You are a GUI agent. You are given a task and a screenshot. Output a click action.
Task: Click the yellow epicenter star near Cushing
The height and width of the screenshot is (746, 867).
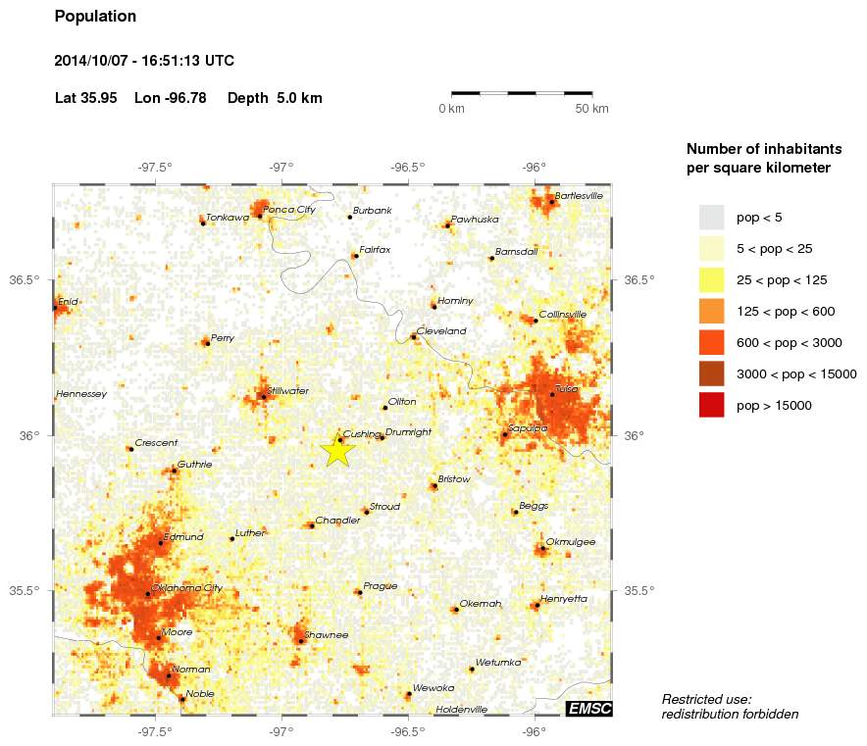click(336, 450)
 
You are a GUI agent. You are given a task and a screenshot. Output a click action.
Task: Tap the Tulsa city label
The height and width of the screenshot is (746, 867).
click(566, 389)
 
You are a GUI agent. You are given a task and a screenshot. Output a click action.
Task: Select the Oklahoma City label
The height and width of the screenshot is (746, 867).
click(187, 588)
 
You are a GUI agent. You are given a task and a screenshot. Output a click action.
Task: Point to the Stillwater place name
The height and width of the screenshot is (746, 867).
click(287, 391)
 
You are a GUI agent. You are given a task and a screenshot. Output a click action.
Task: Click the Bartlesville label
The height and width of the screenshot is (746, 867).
click(579, 196)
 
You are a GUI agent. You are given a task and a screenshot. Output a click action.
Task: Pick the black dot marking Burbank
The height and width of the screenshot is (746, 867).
click(349, 217)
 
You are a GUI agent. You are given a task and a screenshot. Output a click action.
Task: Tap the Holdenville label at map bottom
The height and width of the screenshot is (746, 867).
click(461, 709)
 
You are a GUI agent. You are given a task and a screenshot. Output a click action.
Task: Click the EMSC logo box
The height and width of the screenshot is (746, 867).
click(588, 709)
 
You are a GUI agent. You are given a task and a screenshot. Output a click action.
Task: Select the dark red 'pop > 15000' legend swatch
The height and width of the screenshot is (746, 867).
click(711, 405)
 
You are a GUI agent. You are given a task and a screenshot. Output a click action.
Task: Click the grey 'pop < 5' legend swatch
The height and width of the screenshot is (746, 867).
click(711, 217)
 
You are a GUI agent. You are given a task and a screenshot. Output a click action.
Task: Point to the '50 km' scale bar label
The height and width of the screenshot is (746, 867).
click(591, 108)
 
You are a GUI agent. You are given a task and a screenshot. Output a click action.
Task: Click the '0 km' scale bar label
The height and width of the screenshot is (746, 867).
click(451, 108)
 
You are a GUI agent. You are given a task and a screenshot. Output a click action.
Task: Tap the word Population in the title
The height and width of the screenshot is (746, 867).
click(95, 17)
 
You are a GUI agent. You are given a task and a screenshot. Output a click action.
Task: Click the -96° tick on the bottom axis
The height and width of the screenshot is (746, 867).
click(535, 730)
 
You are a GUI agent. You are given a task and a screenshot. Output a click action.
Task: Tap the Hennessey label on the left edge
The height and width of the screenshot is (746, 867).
click(81, 394)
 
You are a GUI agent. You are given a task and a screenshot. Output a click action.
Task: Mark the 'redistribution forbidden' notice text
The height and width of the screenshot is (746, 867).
click(730, 714)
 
